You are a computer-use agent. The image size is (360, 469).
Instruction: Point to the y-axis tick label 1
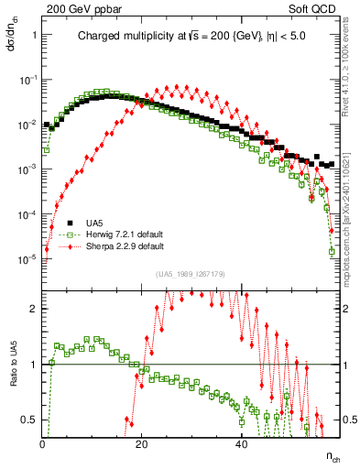click(34, 35)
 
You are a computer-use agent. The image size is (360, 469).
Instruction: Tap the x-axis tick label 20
click(142, 444)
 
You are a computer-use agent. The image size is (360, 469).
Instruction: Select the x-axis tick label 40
click(241, 444)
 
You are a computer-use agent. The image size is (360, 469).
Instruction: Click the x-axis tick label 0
click(43, 444)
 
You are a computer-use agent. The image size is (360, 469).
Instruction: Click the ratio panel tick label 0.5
click(30, 420)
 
